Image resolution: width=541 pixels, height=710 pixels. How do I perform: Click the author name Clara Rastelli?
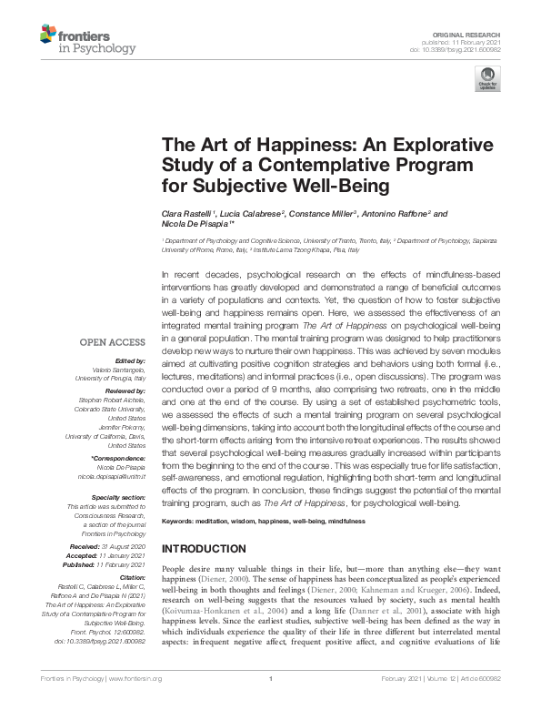pyautogui.click(x=187, y=213)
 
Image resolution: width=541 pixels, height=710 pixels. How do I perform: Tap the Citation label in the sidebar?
pyautogui.click(x=133, y=578)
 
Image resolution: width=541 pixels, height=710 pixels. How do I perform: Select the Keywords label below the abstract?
pyautogui.click(x=180, y=522)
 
